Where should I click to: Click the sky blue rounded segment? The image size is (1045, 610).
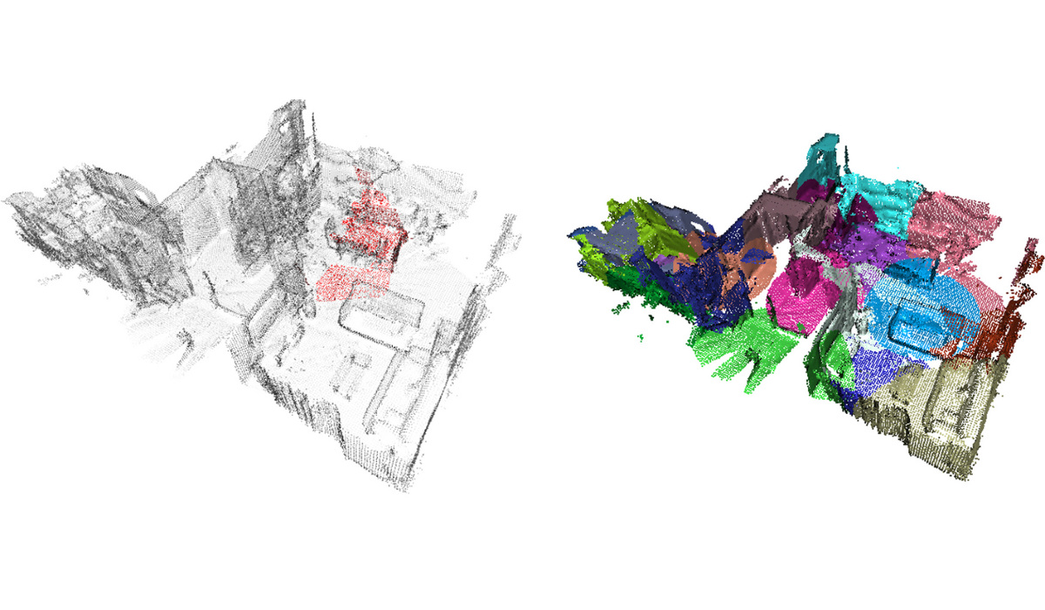(x=923, y=305)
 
